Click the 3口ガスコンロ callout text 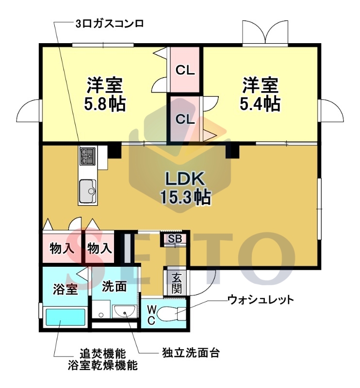(x=110, y=24)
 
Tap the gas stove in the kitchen (x=87, y=156)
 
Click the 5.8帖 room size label (x=105, y=104)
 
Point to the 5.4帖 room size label (x=260, y=104)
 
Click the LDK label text (x=185, y=178)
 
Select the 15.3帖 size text (x=186, y=197)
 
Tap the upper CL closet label (x=185, y=70)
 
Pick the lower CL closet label (x=185, y=119)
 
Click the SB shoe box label (x=175, y=239)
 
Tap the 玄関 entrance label (x=177, y=283)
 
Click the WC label (x=151, y=315)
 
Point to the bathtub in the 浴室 (x=65, y=318)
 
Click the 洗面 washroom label (x=114, y=286)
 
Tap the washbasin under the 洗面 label (x=124, y=312)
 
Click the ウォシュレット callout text (x=261, y=300)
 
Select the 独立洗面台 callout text (x=191, y=353)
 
